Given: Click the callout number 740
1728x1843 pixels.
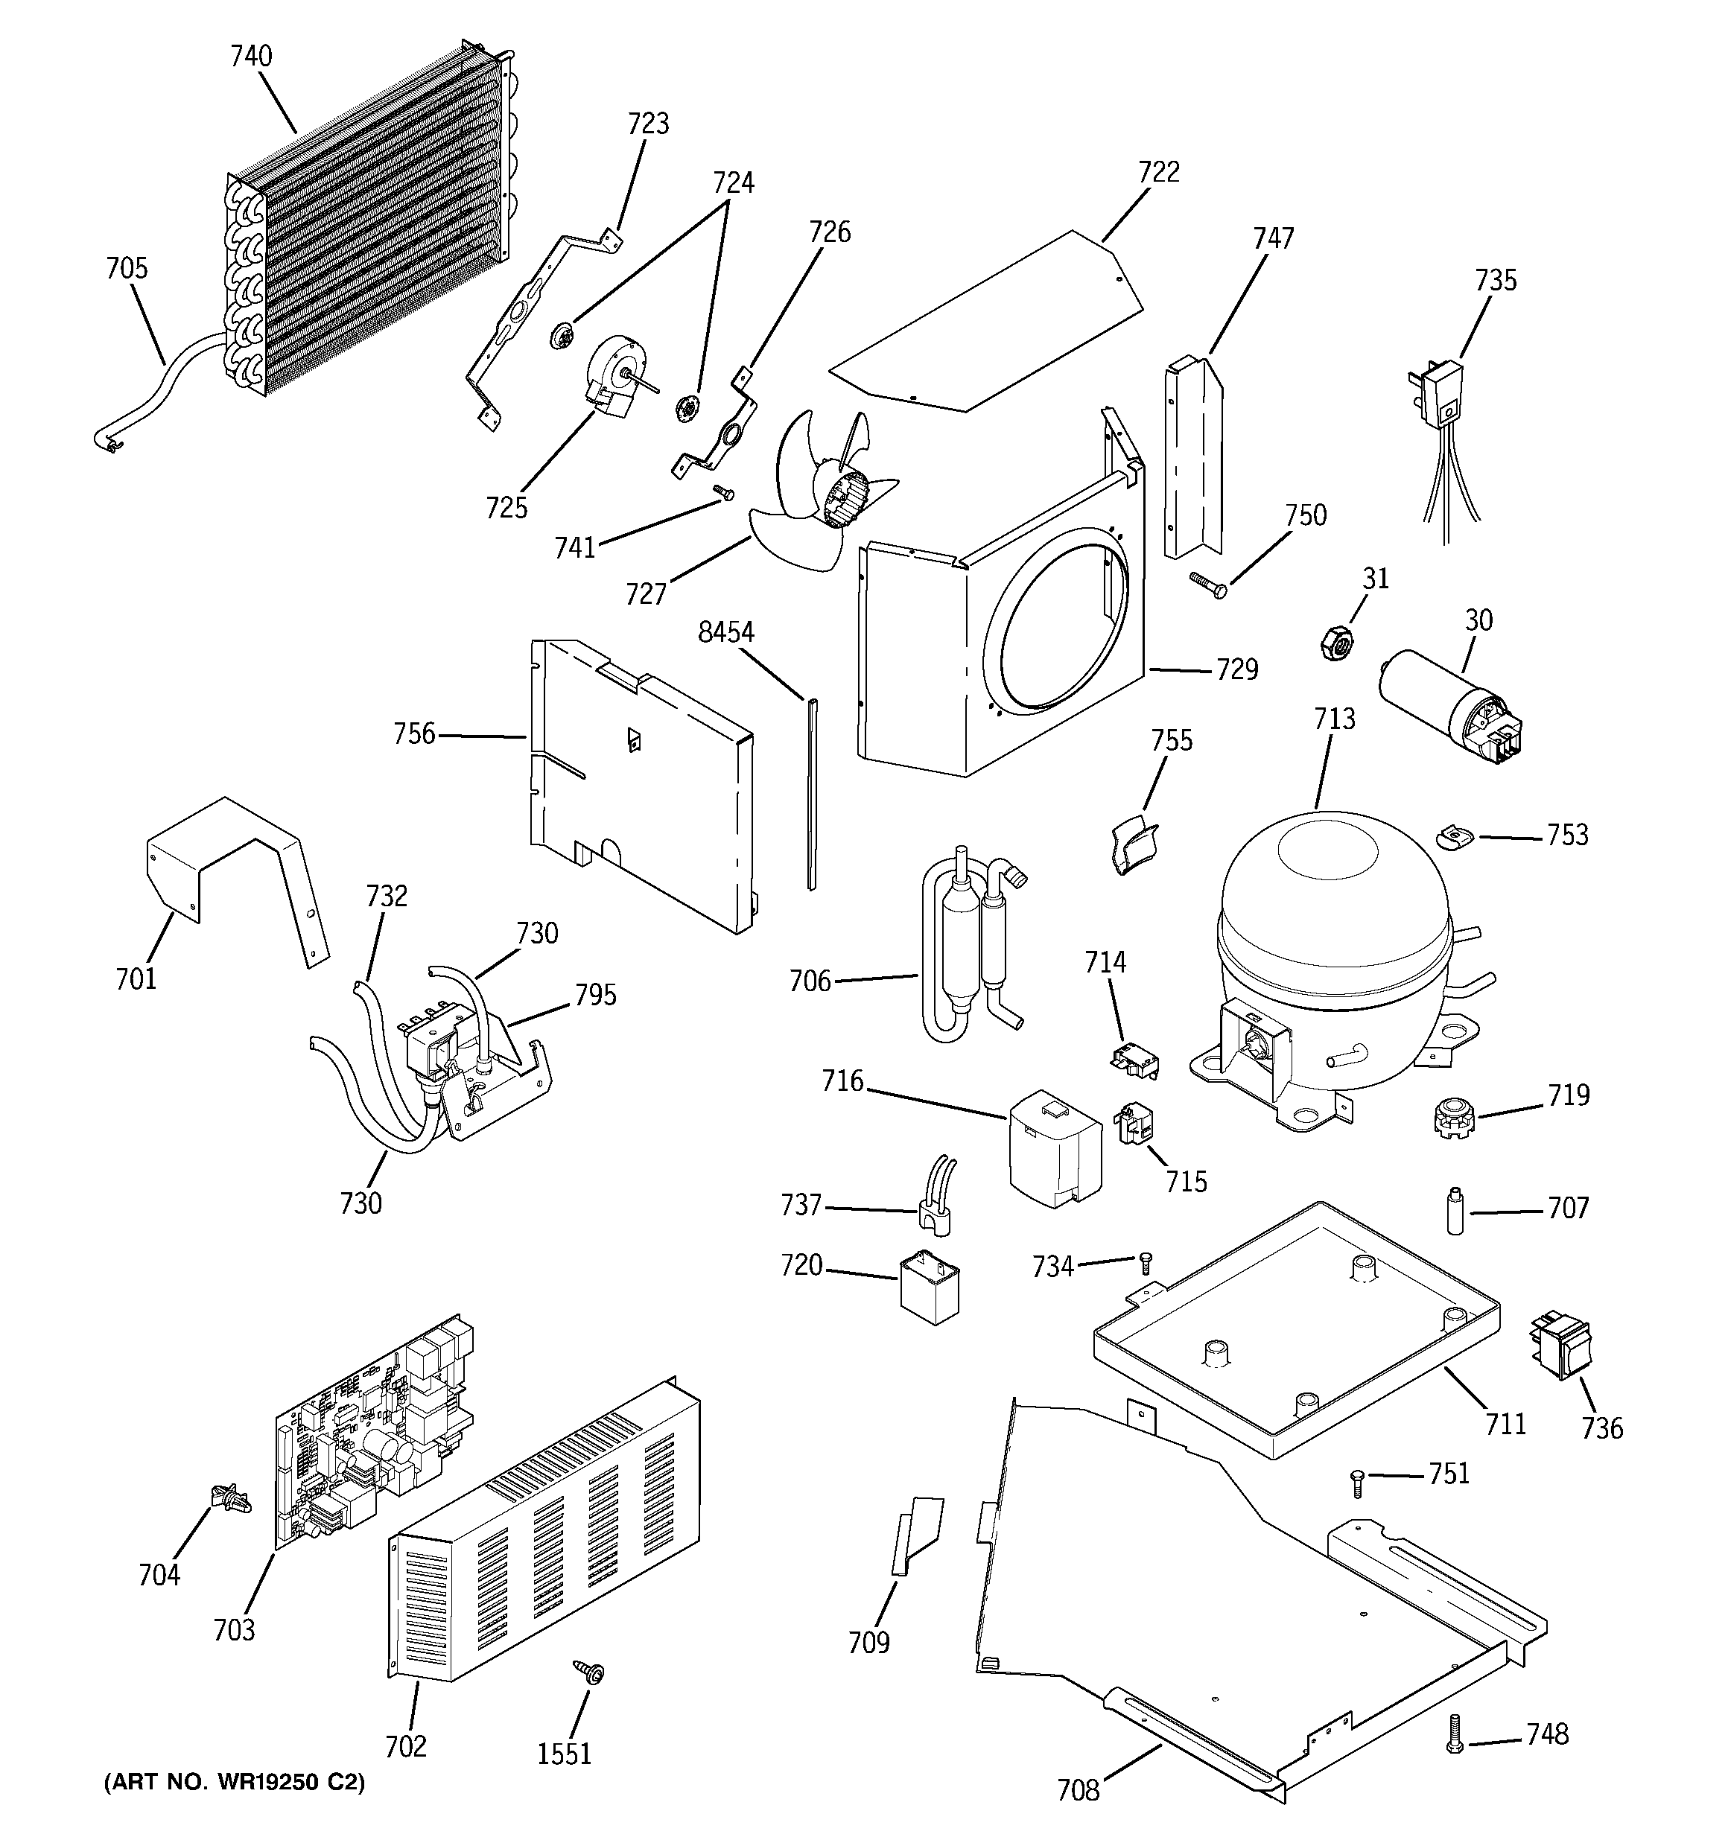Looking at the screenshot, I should tap(251, 57).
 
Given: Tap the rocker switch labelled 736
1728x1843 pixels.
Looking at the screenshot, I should tap(1560, 1347).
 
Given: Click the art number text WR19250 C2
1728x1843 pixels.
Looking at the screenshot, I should tap(234, 1782).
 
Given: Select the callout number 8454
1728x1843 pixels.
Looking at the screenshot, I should tap(726, 632).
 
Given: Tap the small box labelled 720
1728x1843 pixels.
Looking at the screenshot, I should tap(930, 1287).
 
